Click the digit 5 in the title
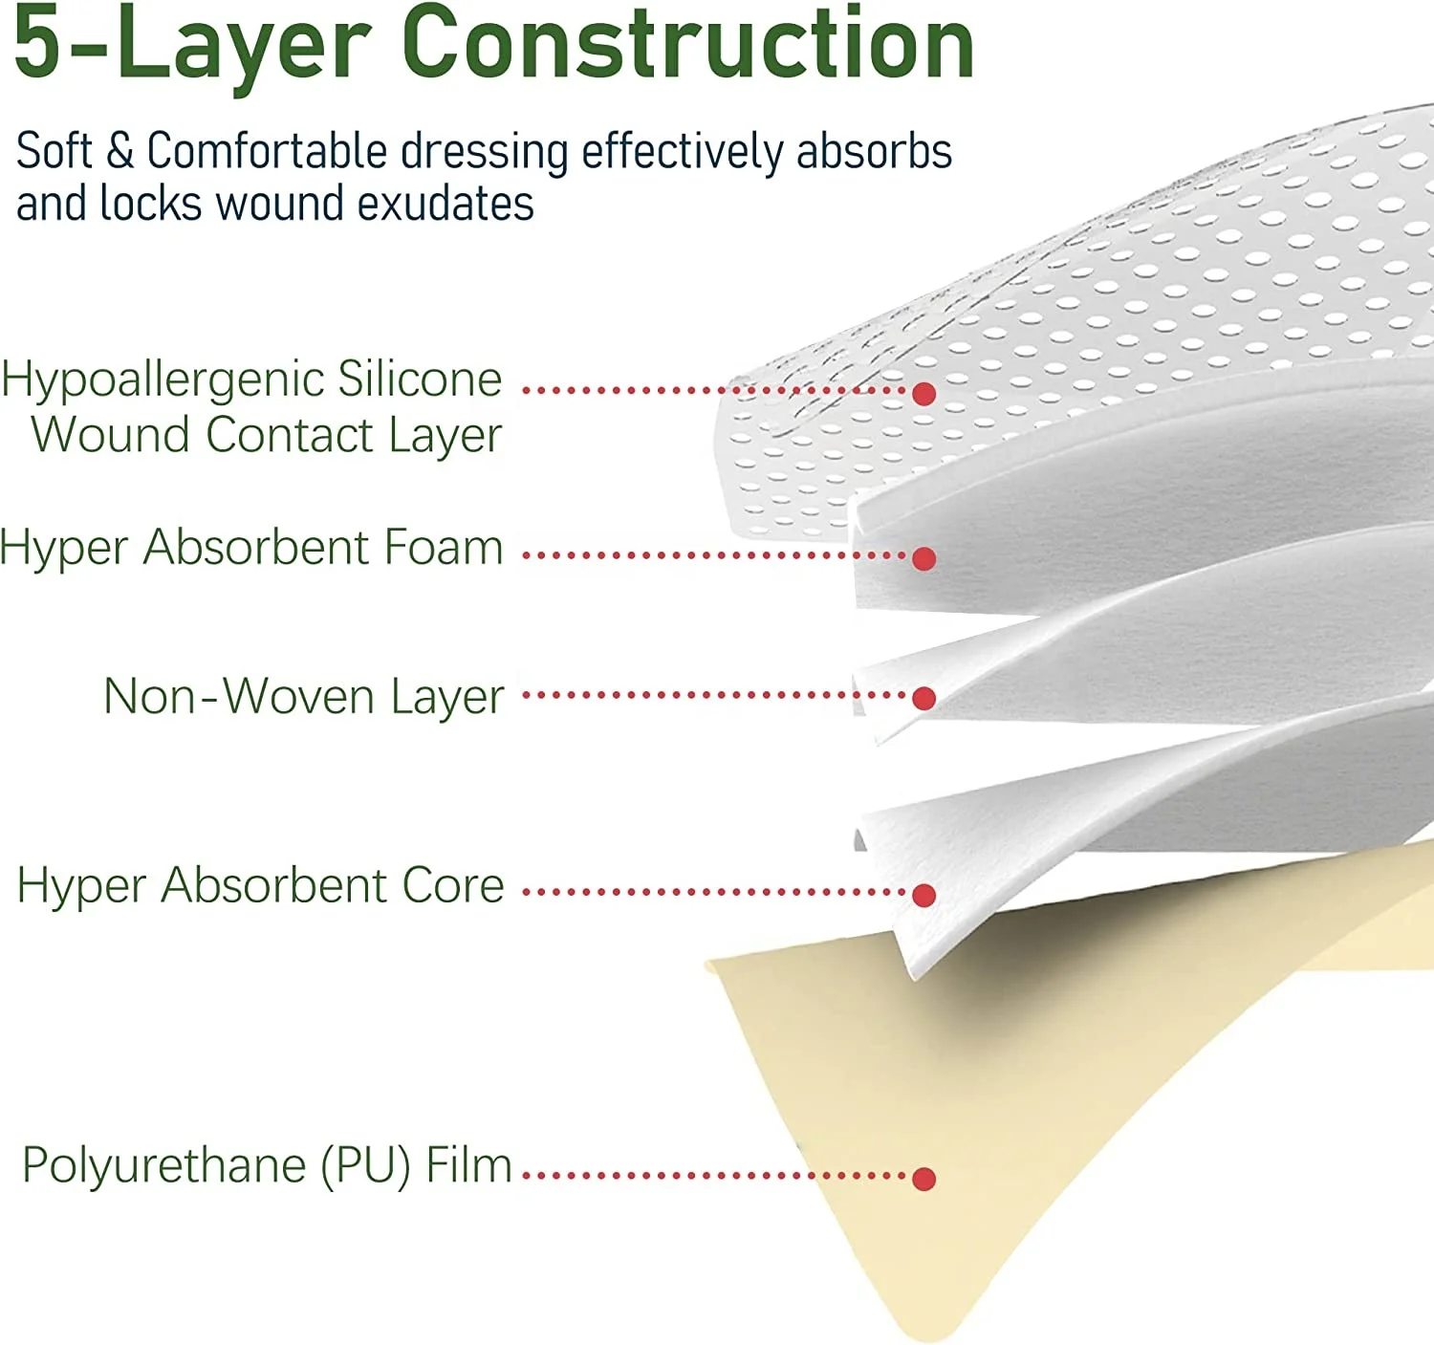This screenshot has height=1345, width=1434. tap(38, 44)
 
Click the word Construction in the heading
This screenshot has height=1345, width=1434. tap(687, 44)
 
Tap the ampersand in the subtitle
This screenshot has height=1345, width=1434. tap(119, 152)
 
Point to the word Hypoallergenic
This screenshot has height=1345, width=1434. tap(162, 380)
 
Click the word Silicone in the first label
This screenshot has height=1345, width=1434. tap(420, 379)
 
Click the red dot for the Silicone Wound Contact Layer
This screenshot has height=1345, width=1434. tap(923, 393)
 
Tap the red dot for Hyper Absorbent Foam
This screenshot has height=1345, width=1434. tap(923, 558)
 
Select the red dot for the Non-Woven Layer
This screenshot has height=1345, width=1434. tap(923, 699)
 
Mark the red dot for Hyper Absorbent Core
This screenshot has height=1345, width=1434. tap(923, 895)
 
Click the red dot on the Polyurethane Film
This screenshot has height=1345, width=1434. tap(923, 1179)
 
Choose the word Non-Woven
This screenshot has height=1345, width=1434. tap(239, 696)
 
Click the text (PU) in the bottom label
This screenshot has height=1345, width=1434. tap(365, 1166)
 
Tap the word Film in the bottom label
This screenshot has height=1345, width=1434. tap(468, 1165)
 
